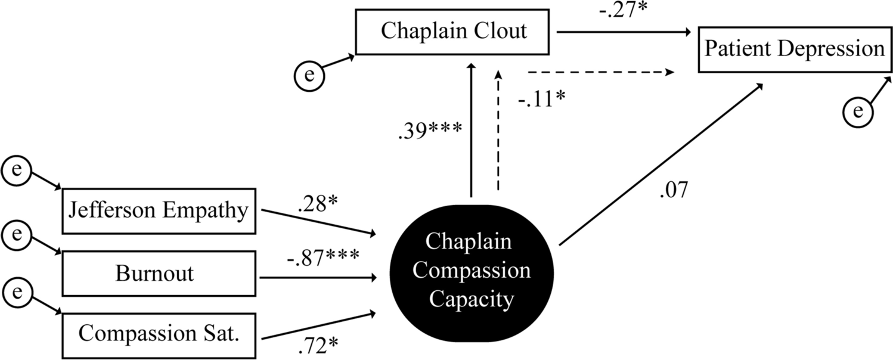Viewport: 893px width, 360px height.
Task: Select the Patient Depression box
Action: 795,49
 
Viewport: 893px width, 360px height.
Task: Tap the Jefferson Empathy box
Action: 159,211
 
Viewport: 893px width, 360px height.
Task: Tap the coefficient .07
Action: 674,191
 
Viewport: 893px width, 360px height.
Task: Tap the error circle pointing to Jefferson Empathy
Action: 18,169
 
